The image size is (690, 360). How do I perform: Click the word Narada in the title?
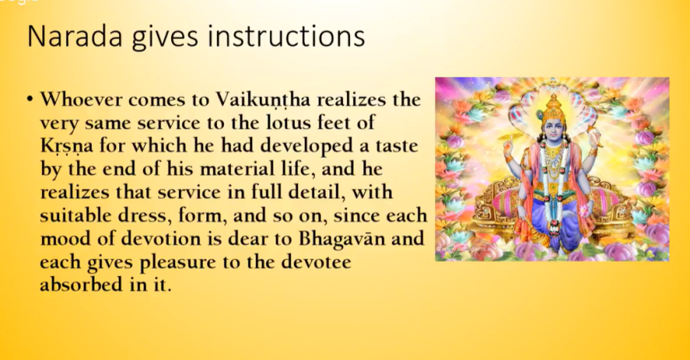74,36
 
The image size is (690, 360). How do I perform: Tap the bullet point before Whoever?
30,99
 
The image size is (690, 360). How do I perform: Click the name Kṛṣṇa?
66,146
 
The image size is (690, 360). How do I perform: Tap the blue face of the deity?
553,128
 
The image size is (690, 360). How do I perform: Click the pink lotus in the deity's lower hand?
584,210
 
